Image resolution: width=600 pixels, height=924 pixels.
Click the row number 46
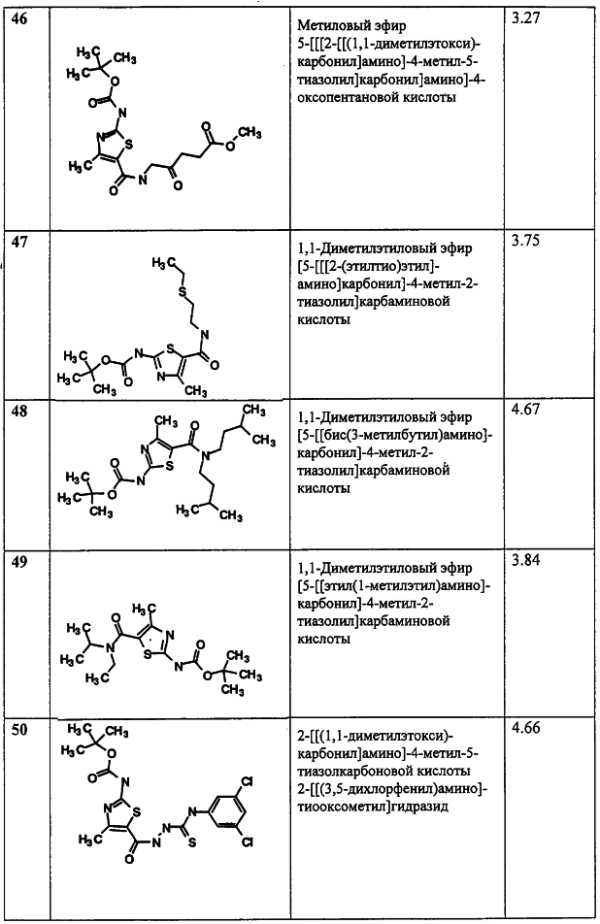20,18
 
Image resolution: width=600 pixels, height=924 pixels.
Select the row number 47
20,243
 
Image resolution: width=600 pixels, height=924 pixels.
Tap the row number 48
20,412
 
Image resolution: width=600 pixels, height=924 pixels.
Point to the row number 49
20,563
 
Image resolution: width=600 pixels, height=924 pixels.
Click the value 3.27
525,18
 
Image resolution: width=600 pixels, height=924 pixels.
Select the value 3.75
525,242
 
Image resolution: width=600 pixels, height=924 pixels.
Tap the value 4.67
525,410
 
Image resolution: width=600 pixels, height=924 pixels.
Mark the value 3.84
525,560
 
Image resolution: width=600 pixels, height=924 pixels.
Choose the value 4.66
525,728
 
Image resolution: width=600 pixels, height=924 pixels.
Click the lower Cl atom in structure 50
247,842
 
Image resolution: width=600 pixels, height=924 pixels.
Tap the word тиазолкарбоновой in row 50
351,771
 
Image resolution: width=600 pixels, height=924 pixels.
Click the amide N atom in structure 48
202,454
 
